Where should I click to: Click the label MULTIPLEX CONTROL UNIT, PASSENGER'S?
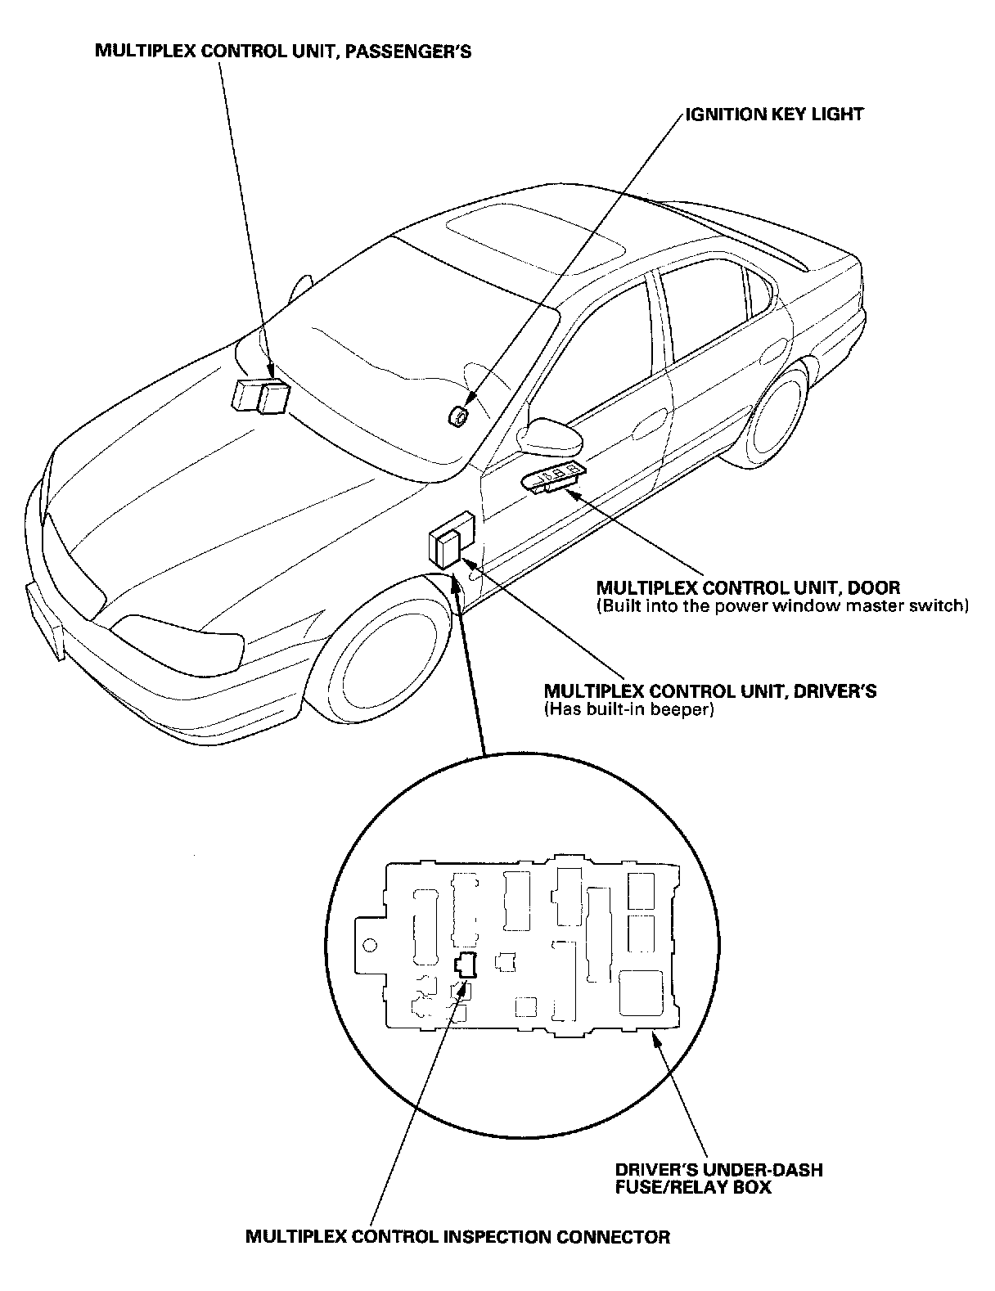[x=283, y=52]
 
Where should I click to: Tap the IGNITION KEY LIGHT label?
[x=774, y=114]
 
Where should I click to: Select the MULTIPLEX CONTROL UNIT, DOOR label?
[x=748, y=587]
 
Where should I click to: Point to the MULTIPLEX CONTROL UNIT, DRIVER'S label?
[x=709, y=691]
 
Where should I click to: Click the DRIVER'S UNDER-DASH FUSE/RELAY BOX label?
[x=718, y=1177]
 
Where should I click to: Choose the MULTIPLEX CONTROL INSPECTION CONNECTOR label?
[x=457, y=1236]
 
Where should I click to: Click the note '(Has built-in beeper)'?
[x=628, y=709]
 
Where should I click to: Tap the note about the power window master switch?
[x=782, y=606]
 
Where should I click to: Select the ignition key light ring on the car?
[x=457, y=416]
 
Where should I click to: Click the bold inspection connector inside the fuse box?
[x=466, y=965]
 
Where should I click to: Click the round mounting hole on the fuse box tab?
[x=369, y=946]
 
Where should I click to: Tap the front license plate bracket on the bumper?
[x=46, y=618]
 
